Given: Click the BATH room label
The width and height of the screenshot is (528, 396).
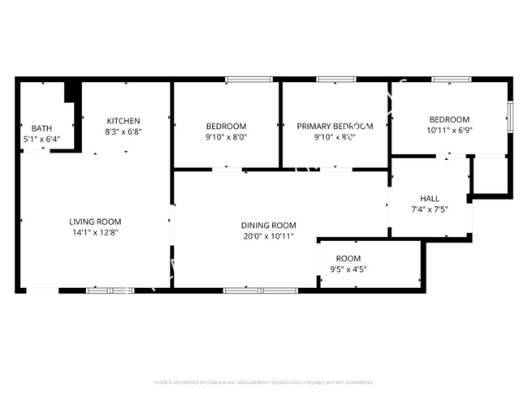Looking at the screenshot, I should point(41,128).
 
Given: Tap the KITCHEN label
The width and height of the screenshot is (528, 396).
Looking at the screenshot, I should point(122,121).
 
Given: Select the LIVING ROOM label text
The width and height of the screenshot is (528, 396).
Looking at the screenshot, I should point(95,222).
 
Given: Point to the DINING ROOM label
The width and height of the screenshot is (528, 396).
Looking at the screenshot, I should point(268,226).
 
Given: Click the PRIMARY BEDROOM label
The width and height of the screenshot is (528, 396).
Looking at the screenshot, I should point(334,126).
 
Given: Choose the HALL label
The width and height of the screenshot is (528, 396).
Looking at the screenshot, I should point(430,198).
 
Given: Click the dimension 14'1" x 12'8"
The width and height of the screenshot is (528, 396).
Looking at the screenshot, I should point(95,232).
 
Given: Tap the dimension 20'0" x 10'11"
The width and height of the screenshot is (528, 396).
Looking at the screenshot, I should point(268,236).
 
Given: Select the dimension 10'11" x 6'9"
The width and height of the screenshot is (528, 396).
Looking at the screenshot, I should point(449,130).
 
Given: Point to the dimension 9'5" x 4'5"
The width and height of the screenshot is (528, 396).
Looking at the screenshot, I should point(348,269).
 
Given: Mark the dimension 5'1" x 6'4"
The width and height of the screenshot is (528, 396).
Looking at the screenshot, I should point(41,139).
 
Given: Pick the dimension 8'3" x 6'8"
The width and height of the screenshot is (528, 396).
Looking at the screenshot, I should point(122,131).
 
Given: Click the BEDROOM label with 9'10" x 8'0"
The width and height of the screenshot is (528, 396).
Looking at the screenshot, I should point(226,126).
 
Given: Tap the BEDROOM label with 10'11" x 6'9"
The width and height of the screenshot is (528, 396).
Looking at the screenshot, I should point(449,119).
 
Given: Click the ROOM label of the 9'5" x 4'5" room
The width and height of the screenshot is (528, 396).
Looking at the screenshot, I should point(348,258).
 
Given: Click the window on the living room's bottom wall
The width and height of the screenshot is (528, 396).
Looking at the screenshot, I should point(110,290).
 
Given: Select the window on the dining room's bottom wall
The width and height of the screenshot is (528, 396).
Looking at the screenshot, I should point(249,290).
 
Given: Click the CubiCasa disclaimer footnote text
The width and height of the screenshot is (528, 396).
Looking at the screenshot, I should point(263,382).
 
